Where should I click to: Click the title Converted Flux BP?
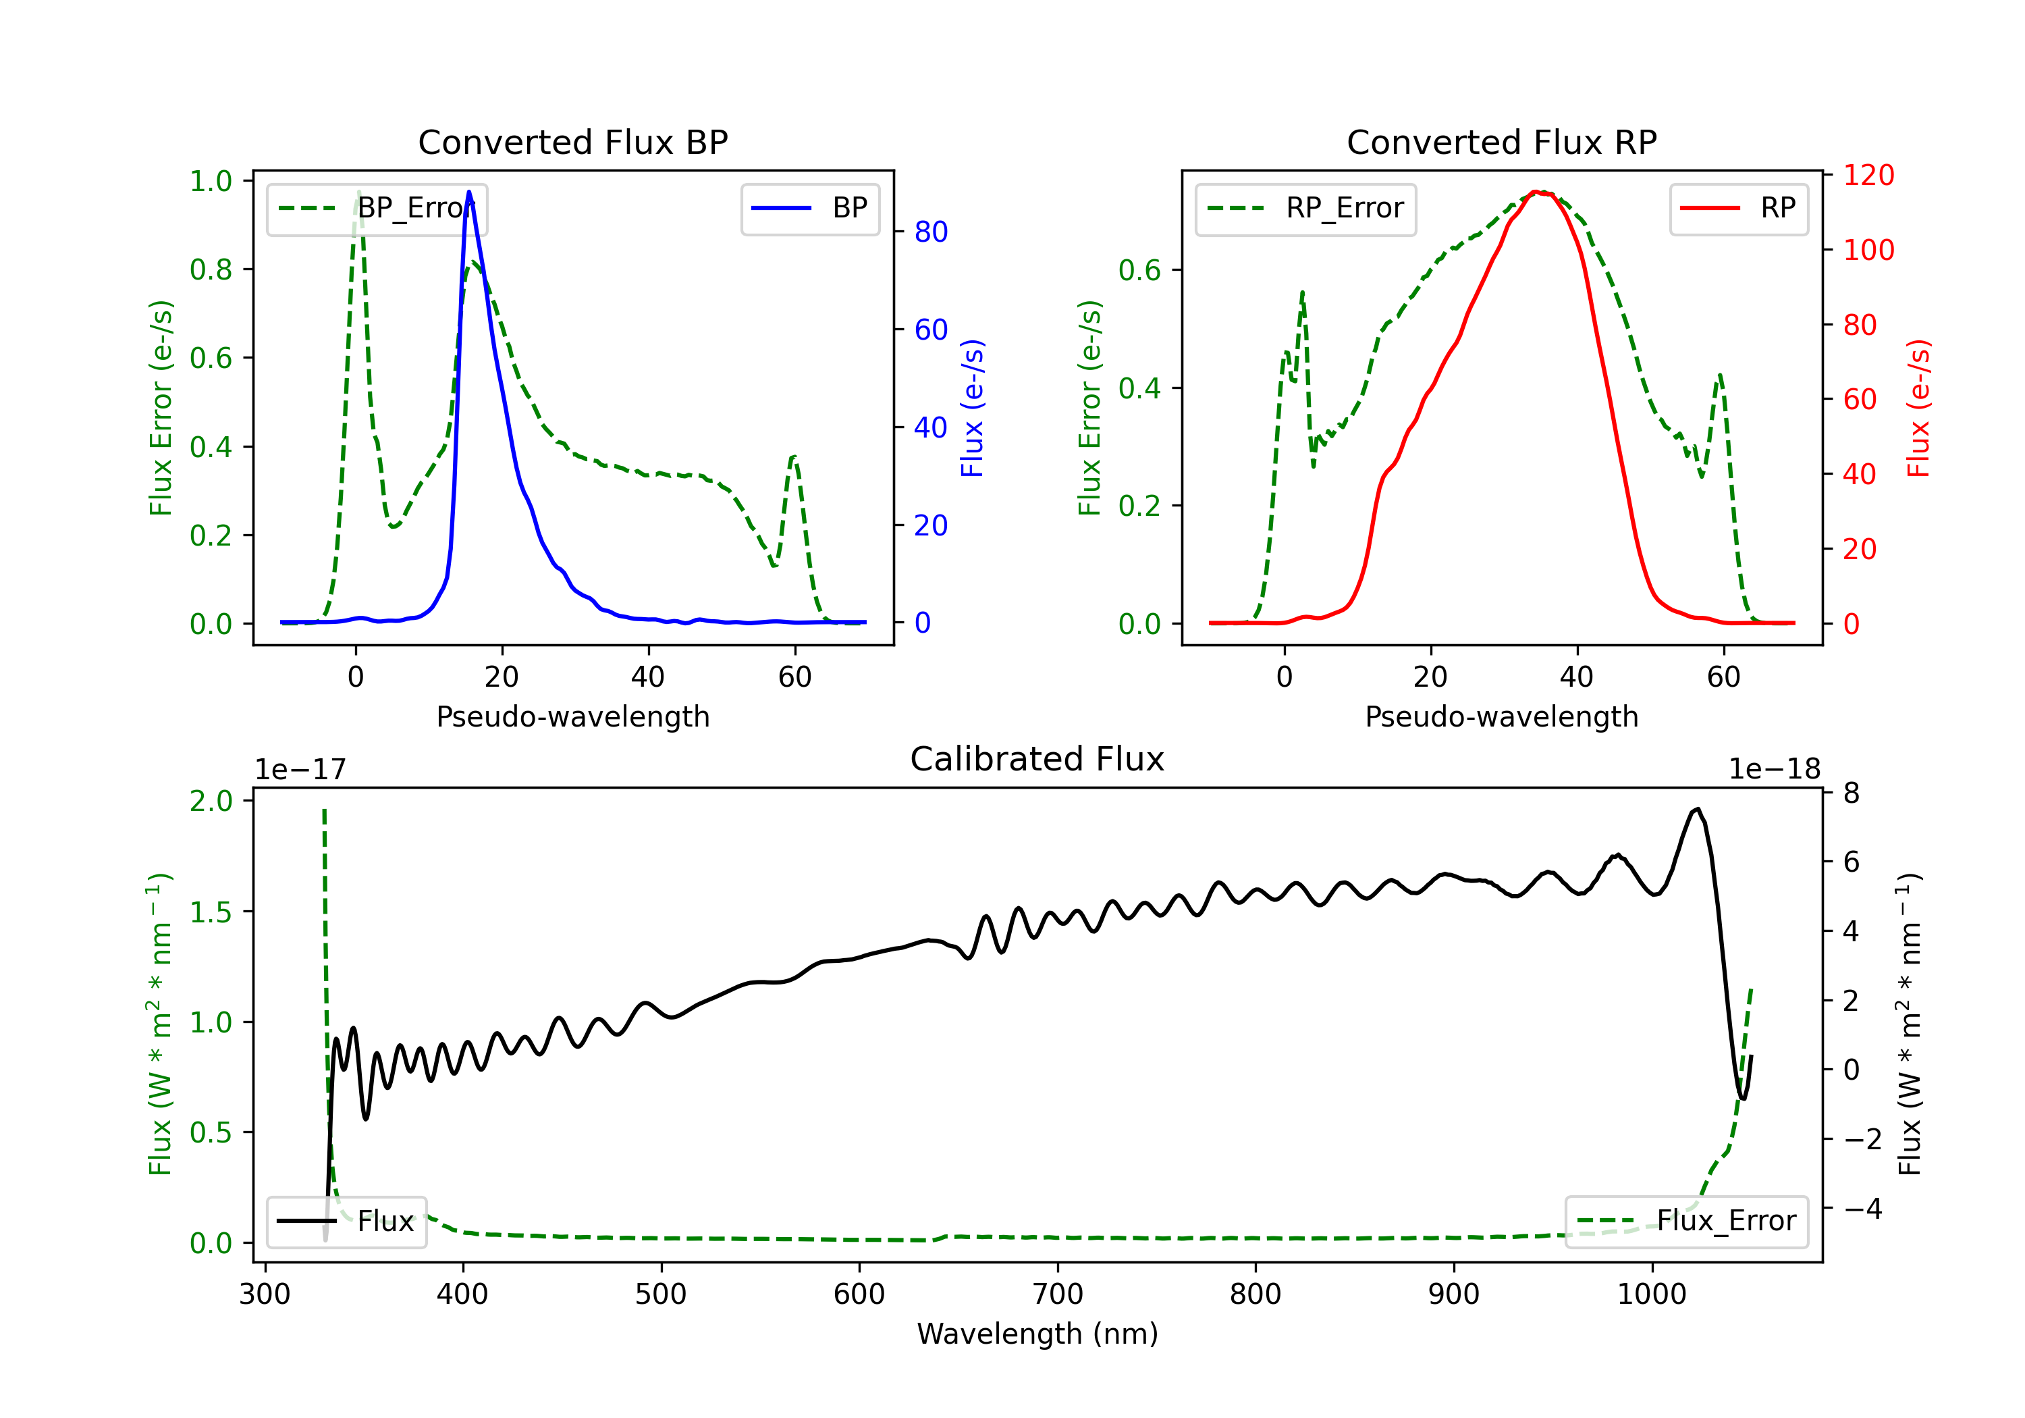(572, 142)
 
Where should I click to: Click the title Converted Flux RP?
(1501, 142)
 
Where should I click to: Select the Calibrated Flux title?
(1037, 759)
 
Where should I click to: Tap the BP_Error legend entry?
(377, 208)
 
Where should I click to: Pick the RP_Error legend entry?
(1305, 208)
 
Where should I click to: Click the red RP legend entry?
(1738, 208)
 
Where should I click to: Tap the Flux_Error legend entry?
(1686, 1222)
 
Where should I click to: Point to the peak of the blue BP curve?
(468, 192)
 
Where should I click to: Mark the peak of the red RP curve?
(1536, 192)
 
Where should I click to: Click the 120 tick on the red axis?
(1868, 175)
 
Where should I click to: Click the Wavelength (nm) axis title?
(1037, 1334)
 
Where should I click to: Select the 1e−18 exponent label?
(1775, 768)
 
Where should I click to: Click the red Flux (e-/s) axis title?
(1918, 408)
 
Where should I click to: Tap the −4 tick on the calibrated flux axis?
(1863, 1208)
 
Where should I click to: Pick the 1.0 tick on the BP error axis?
(211, 181)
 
